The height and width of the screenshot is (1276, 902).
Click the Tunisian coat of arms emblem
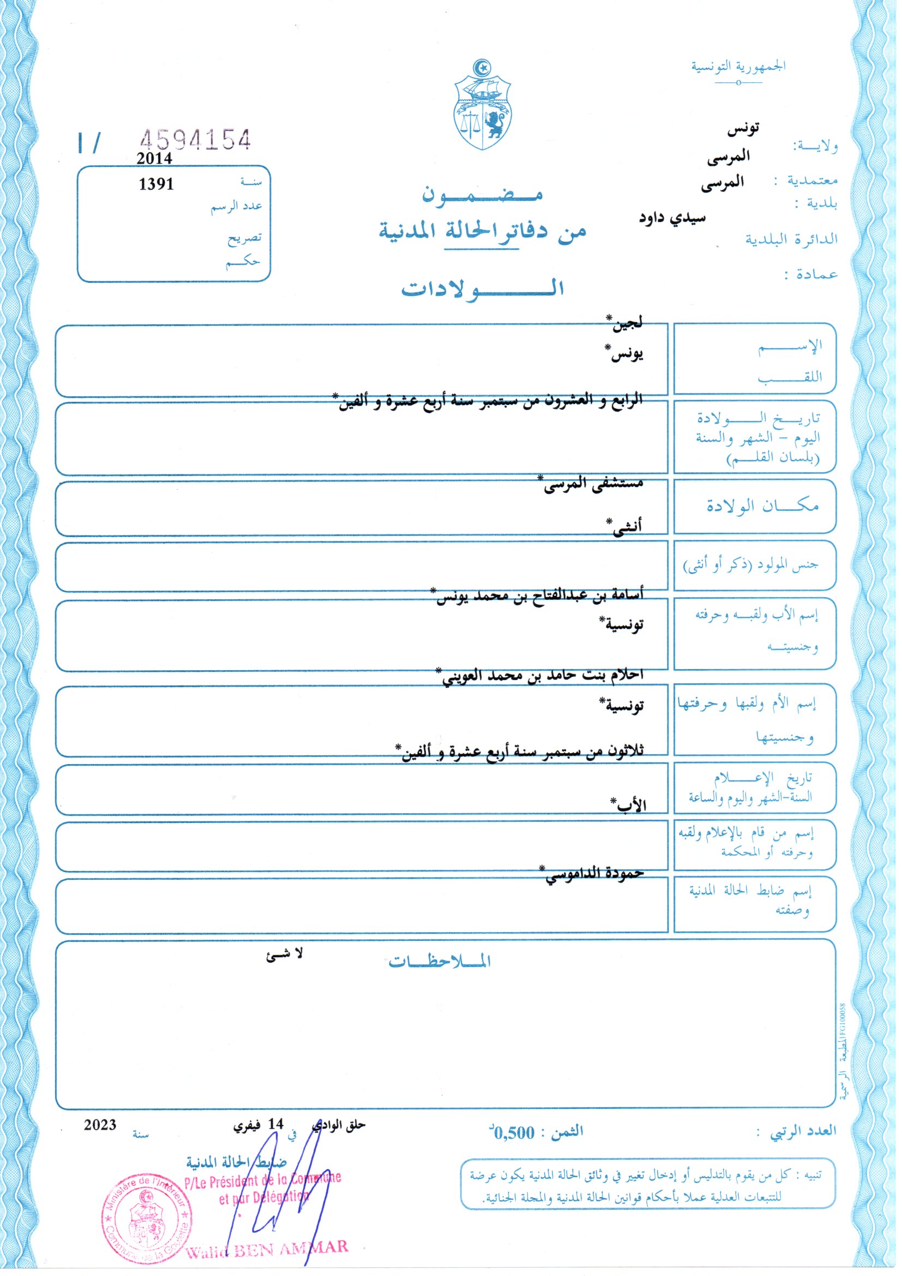coord(483,105)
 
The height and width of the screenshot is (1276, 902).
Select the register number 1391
coord(156,184)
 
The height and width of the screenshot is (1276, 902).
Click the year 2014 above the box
coord(154,158)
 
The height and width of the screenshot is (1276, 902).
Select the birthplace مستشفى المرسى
coord(592,484)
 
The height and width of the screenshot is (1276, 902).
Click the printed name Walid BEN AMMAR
coord(267,1250)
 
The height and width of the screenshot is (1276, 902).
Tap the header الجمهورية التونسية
coord(738,67)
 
